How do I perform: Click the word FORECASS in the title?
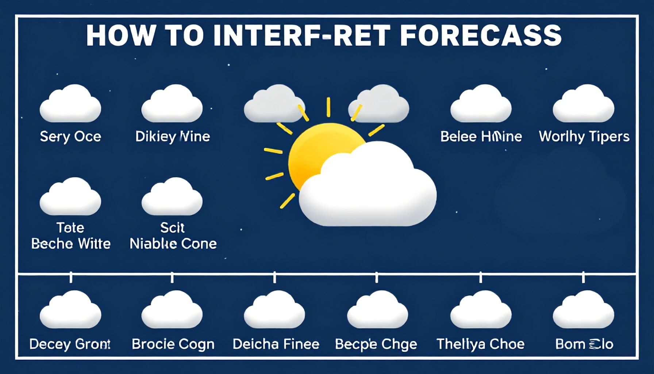click(x=481, y=35)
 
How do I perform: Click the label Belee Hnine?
click(x=481, y=137)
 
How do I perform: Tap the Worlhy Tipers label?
click(x=584, y=137)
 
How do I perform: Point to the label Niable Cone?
click(x=173, y=244)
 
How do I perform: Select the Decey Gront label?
click(x=70, y=344)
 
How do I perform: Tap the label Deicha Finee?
click(x=276, y=344)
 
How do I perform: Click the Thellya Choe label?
click(x=480, y=344)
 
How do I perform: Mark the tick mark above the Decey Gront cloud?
click(x=71, y=278)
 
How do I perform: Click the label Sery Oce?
click(x=70, y=137)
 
